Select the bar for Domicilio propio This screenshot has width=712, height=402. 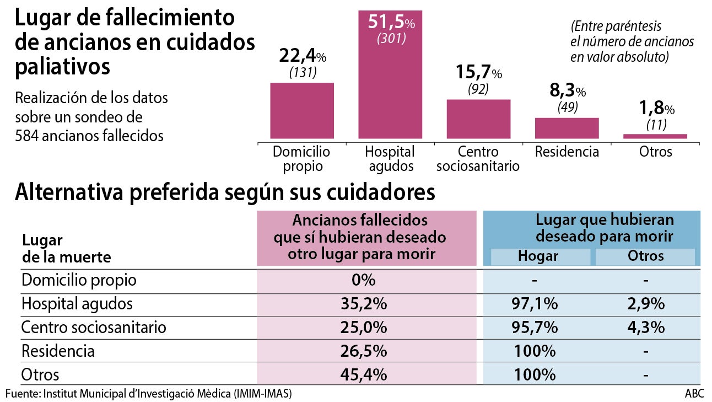point(302,110)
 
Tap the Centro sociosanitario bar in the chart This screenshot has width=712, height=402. point(478,119)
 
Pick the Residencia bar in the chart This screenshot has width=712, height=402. point(567,128)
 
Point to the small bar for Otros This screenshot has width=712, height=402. point(655,136)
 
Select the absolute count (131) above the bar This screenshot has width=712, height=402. point(302,72)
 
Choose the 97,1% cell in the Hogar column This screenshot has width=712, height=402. point(535,304)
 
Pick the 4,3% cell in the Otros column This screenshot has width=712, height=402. point(645,327)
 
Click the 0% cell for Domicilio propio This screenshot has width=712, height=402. point(364,280)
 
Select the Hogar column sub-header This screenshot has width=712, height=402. point(538,256)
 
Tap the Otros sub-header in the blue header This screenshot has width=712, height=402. point(645,256)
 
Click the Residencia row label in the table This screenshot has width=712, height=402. point(58,351)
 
